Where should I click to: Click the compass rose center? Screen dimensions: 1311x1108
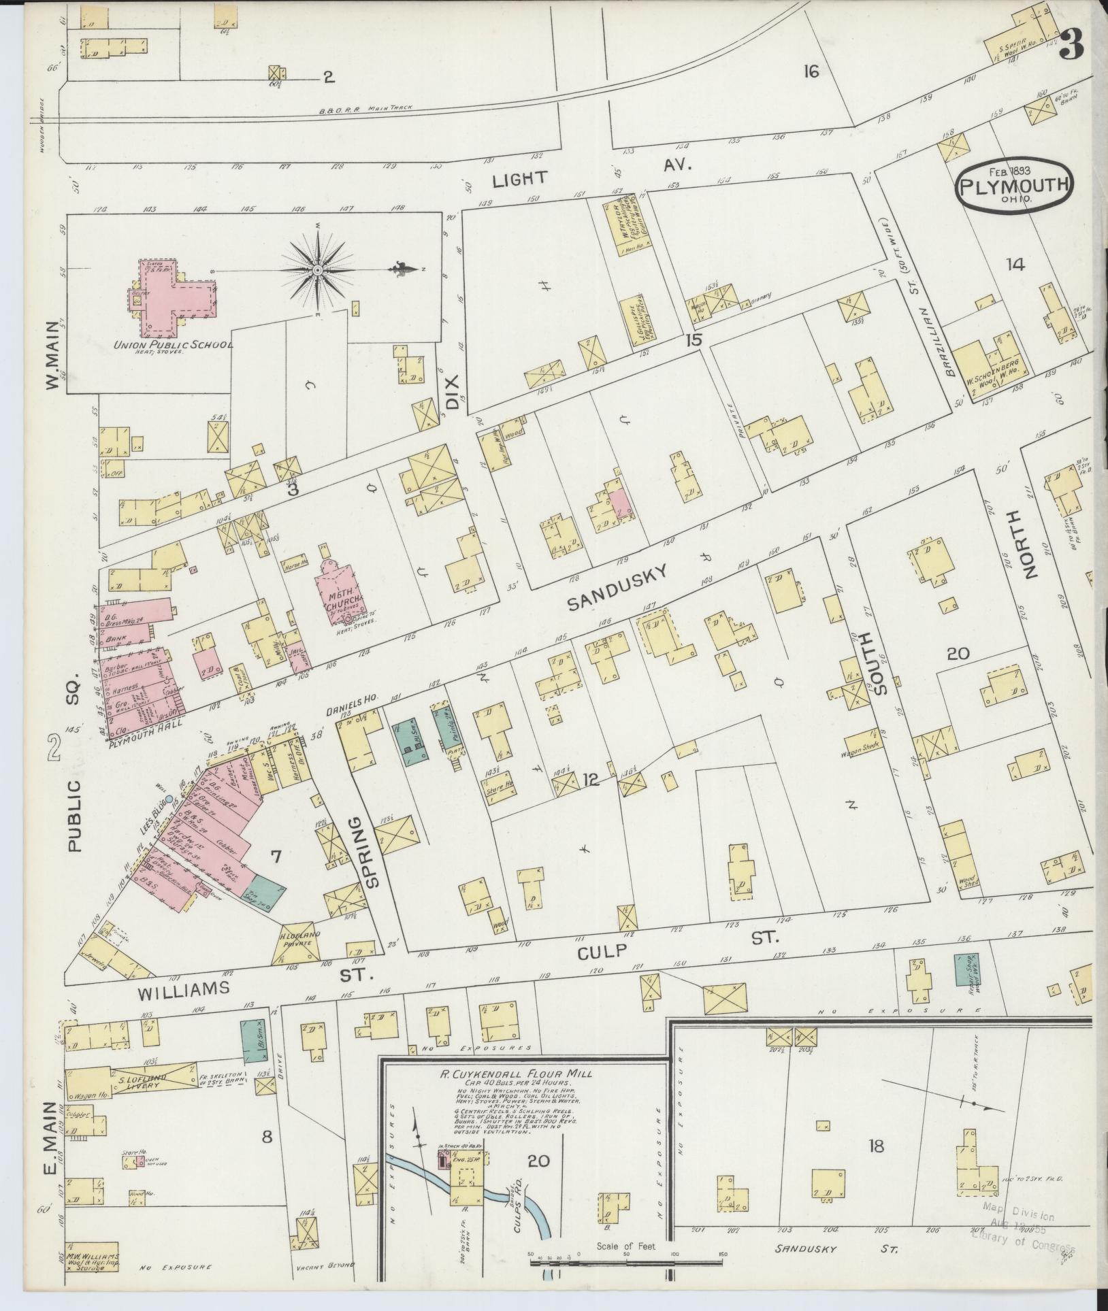point(317,271)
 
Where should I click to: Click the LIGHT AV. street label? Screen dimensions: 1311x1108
point(589,171)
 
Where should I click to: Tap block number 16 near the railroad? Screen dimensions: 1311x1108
point(810,71)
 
